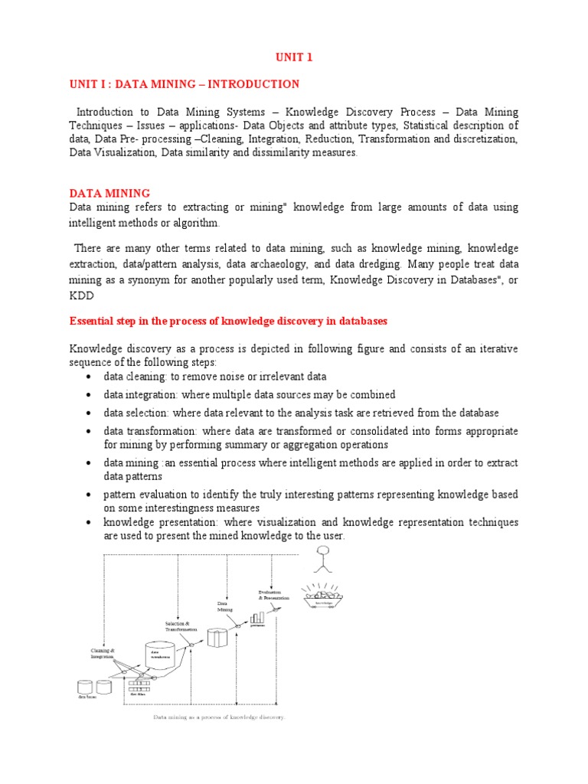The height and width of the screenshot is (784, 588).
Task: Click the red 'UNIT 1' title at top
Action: (x=294, y=57)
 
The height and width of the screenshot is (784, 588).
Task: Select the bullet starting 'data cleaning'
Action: (x=215, y=377)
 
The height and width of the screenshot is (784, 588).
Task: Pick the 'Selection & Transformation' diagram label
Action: (x=181, y=626)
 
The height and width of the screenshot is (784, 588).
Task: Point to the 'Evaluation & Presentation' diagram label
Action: (x=273, y=595)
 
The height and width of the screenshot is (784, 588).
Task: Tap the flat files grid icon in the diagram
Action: (x=140, y=686)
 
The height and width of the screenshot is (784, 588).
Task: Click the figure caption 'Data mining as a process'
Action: (x=219, y=717)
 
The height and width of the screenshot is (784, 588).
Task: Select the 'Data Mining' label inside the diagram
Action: (x=224, y=607)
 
